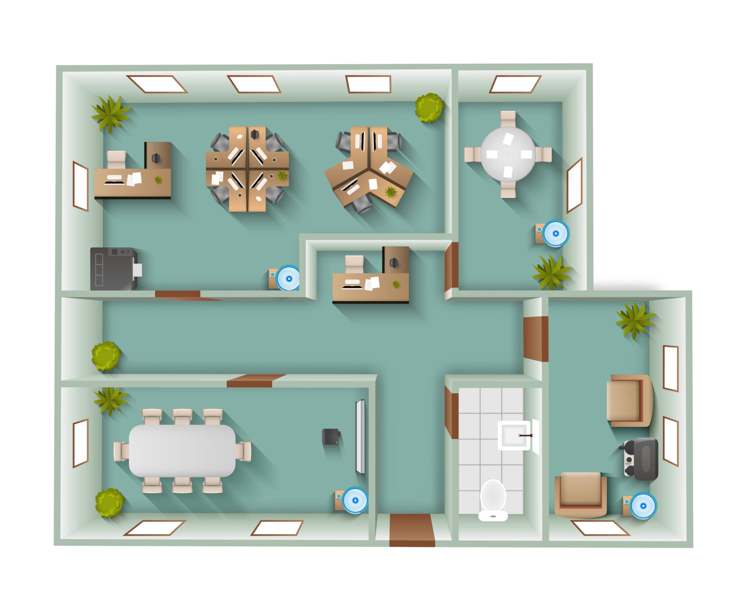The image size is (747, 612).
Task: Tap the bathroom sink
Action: (x=514, y=435)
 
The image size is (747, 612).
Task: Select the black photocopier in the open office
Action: (x=113, y=269)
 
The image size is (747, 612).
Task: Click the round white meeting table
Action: (x=508, y=154)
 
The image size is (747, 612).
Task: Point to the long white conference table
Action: (x=182, y=451)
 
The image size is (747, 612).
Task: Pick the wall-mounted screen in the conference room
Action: (x=360, y=437)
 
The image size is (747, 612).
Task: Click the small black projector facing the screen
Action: (x=330, y=437)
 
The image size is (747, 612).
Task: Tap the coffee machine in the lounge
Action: (x=641, y=459)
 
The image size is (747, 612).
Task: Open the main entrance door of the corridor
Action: (x=412, y=530)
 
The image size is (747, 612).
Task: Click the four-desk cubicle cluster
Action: (x=247, y=169)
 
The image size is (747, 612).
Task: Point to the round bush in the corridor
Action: (x=106, y=356)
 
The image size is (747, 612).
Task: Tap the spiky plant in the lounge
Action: (x=635, y=319)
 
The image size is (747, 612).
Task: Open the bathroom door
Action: (x=452, y=412)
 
